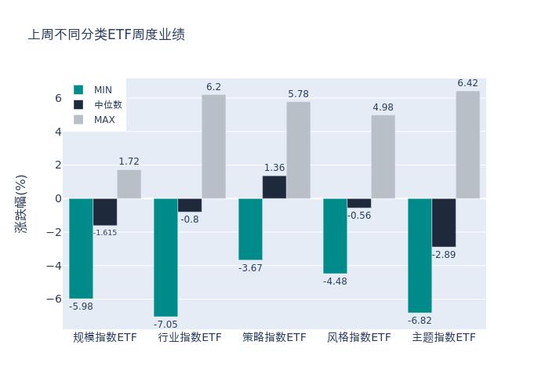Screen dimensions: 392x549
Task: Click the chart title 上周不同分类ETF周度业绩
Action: [x=107, y=35]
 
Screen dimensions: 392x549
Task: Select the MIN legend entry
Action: [x=103, y=90]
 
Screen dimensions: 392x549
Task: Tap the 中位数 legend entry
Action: [x=107, y=105]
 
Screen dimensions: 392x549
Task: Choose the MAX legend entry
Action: [x=104, y=120]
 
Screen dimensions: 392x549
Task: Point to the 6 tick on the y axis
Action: [x=57, y=98]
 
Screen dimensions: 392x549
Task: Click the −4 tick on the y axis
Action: [x=54, y=266]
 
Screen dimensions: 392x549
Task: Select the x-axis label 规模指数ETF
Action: [x=105, y=338]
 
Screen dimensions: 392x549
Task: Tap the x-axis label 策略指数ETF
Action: [x=274, y=338]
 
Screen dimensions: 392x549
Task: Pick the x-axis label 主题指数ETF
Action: [x=444, y=338]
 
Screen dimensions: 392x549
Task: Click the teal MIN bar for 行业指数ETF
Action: [x=165, y=257]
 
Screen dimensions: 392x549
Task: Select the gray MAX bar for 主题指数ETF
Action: [x=467, y=145]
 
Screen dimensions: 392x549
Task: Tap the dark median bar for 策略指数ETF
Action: [x=274, y=187]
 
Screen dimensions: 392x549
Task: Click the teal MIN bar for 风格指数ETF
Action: [x=335, y=236]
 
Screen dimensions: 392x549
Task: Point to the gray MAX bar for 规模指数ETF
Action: [x=129, y=184]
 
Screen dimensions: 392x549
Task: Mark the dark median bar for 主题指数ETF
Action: [x=444, y=223]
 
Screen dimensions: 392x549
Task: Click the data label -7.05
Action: [x=165, y=325]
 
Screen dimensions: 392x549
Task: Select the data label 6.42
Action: [x=467, y=83]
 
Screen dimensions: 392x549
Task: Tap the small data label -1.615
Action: [x=105, y=233]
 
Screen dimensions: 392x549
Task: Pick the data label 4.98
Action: [x=383, y=107]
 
